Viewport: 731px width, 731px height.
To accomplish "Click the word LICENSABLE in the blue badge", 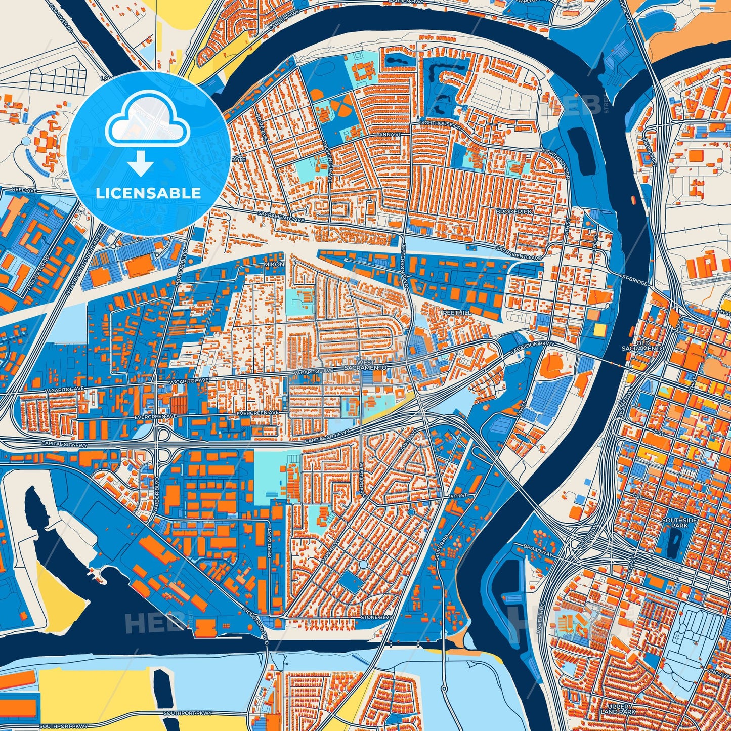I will click(149, 193).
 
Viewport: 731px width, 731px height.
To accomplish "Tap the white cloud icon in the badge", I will click(147, 121).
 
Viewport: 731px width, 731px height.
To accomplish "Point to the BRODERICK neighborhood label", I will click(514, 211).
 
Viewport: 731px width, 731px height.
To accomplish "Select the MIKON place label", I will click(274, 264).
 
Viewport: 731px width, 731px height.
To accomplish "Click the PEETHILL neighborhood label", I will click(457, 313).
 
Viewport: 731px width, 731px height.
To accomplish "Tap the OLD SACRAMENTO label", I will click(642, 346).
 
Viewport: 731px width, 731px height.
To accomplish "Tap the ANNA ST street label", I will click(391, 135).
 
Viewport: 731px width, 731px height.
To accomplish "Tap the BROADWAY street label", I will click(538, 551).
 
